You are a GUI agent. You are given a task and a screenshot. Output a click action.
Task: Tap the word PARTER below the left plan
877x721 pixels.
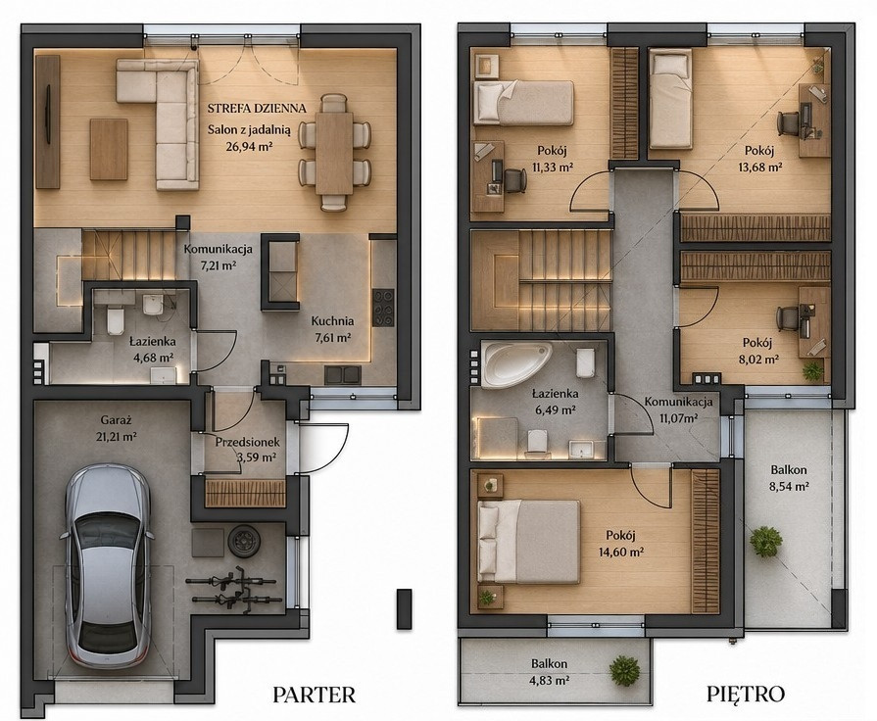coord(314,695)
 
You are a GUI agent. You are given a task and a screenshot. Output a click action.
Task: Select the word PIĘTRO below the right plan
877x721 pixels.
coord(746,695)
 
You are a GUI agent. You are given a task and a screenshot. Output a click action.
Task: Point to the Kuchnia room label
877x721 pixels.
coord(332,321)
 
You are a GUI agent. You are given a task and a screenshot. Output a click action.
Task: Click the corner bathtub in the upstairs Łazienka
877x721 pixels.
coord(516,364)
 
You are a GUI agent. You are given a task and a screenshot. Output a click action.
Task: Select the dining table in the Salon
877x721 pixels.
coord(334,153)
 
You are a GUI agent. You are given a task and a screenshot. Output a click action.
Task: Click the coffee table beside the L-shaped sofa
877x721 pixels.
coord(109,149)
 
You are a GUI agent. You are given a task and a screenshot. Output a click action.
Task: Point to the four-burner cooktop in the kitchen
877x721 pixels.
coord(383,307)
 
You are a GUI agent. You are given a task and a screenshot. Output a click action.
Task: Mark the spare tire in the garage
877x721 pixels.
coord(243,541)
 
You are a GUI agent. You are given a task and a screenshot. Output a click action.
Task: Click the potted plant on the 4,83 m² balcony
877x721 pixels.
coord(624,670)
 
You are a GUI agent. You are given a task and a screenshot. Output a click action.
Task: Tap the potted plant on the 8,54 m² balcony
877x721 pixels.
coord(766,541)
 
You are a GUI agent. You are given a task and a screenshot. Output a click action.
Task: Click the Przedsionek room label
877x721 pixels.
coord(247,443)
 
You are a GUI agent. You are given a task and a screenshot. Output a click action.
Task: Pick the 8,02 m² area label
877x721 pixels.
coord(756,360)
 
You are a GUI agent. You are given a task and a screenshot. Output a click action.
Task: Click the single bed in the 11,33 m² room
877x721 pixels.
coord(524,102)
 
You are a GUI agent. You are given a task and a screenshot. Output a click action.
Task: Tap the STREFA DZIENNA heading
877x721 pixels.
coord(257,108)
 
